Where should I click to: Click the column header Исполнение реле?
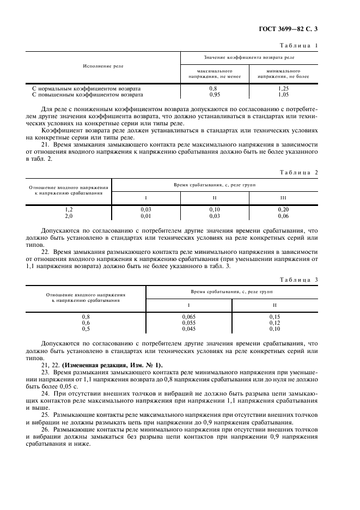(x=103, y=66)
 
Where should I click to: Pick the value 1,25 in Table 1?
(x=283, y=88)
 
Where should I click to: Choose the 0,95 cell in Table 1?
(x=214, y=94)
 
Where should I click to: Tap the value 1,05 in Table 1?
(x=283, y=94)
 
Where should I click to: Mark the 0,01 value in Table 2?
(x=145, y=215)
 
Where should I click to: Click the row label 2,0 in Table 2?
(x=69, y=215)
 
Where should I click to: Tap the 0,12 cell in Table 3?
(x=274, y=323)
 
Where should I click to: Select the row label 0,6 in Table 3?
(x=86, y=323)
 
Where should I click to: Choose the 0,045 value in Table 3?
(x=188, y=329)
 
